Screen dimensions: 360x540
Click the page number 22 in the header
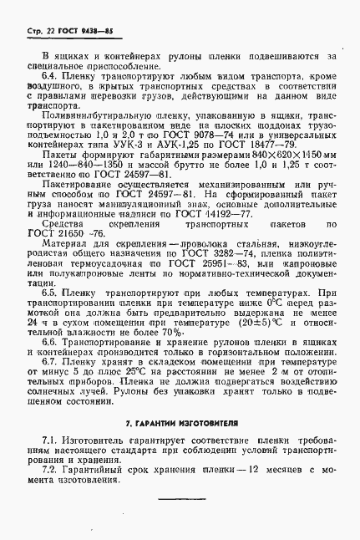click(42, 30)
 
